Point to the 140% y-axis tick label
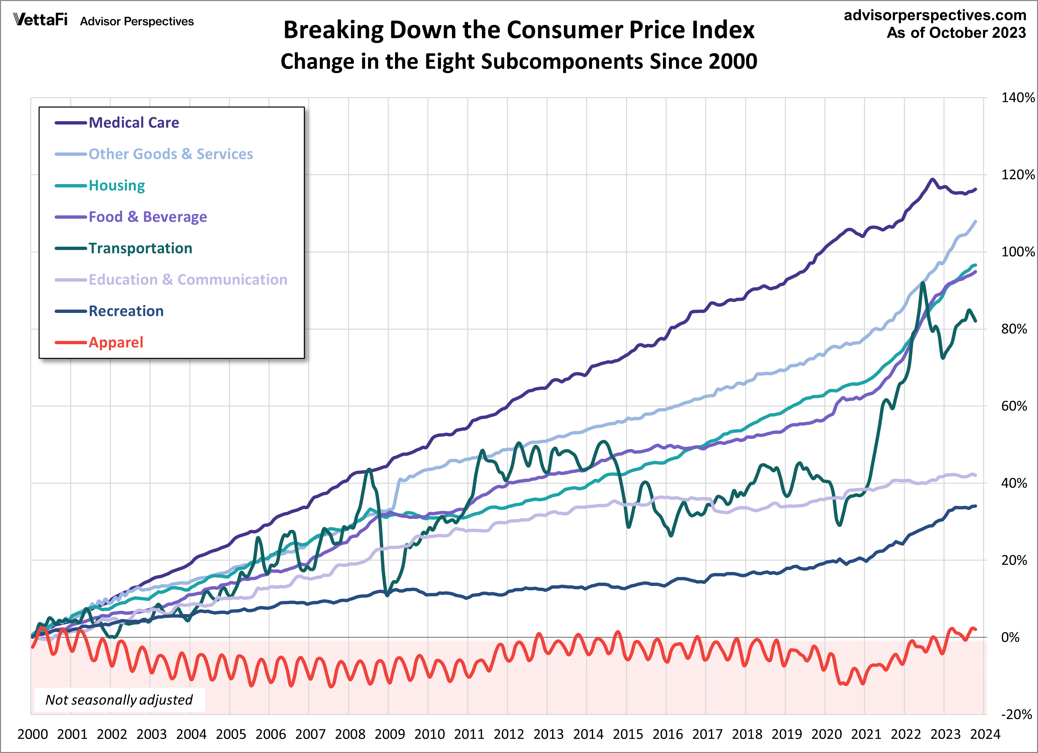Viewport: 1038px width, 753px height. click(1017, 98)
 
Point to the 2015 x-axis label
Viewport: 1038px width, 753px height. click(628, 735)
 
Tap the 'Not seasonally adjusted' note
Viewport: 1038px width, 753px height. click(119, 700)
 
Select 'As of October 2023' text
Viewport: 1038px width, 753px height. click(956, 33)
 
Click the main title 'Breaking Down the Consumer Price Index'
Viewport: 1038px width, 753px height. click(519, 30)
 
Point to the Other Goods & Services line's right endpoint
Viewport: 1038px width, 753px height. click(976, 222)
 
